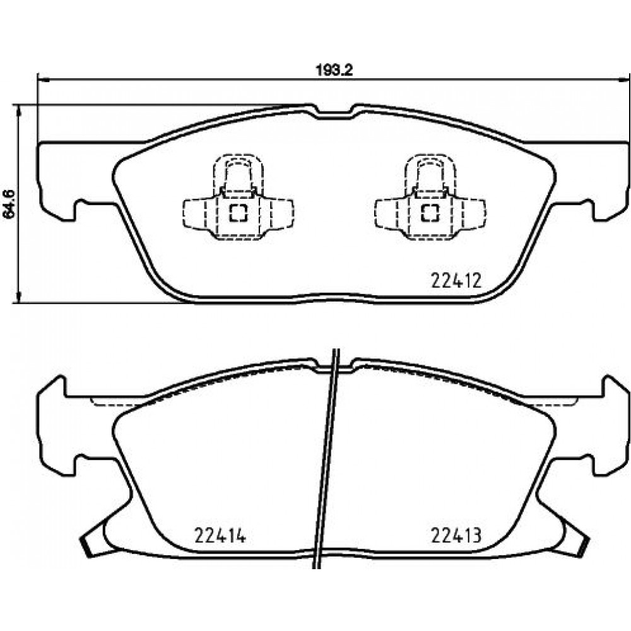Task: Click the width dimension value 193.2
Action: [x=334, y=71]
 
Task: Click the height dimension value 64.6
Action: [x=9, y=204]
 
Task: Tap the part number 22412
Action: [x=456, y=281]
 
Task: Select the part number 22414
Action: [x=220, y=535]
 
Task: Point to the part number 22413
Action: [x=456, y=535]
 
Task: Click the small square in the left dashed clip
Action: [x=239, y=213]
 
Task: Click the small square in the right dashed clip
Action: [x=430, y=213]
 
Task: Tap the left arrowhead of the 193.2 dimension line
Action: [x=43, y=80]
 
